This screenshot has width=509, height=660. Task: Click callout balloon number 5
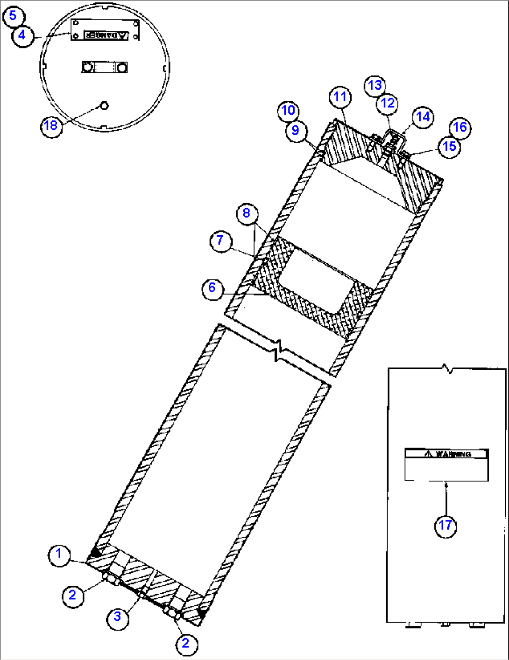pos(13,16)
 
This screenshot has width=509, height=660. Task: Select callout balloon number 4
pos(22,35)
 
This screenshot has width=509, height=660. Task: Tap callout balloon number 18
pos(50,126)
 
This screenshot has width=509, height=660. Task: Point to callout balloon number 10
pos(289,111)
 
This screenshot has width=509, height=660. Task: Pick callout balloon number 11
pos(340,97)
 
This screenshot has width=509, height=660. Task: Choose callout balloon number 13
pos(375,85)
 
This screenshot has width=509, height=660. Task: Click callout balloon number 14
pos(423,117)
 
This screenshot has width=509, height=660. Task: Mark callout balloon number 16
pos(460,127)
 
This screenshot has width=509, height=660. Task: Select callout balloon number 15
pos(449,147)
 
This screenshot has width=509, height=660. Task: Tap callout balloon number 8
pos(247,213)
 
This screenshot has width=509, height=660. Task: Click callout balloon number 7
pos(220,241)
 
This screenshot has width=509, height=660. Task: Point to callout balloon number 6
pos(212,288)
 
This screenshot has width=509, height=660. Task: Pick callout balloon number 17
pos(445,526)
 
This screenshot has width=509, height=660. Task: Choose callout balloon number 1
pos(59,555)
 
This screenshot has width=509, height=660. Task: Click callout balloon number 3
pos(117,617)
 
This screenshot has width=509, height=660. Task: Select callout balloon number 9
pos(296,130)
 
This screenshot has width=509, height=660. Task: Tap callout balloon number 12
pos(388,103)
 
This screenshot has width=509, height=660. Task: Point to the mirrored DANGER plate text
pos(106,35)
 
